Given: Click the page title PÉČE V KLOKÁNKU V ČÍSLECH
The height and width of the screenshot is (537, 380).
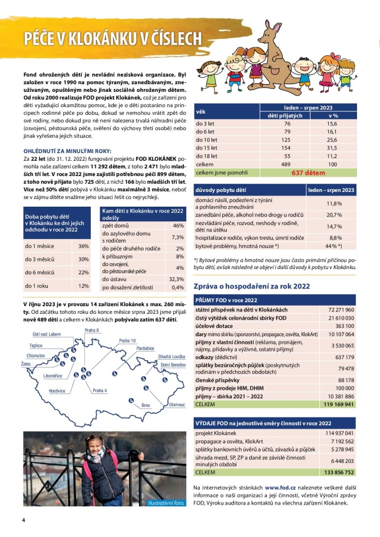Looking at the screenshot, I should click(113, 38).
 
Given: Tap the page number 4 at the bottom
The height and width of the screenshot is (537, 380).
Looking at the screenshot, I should click(24, 521).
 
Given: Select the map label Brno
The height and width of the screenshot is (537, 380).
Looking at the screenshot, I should click(147, 405).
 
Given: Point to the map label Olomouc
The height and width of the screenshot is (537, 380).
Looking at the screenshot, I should click(177, 405).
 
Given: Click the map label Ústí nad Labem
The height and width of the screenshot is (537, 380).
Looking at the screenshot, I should click(47, 334).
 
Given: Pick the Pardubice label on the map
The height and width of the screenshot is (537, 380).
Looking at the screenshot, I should click(145, 348).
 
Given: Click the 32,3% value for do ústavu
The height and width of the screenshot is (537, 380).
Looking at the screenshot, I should click(176, 279).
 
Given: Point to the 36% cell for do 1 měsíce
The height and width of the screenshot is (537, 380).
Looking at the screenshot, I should click(83, 246).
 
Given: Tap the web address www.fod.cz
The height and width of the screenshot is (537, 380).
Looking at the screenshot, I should click(280, 488).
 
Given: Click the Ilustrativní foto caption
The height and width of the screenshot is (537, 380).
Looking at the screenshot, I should click(166, 502).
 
